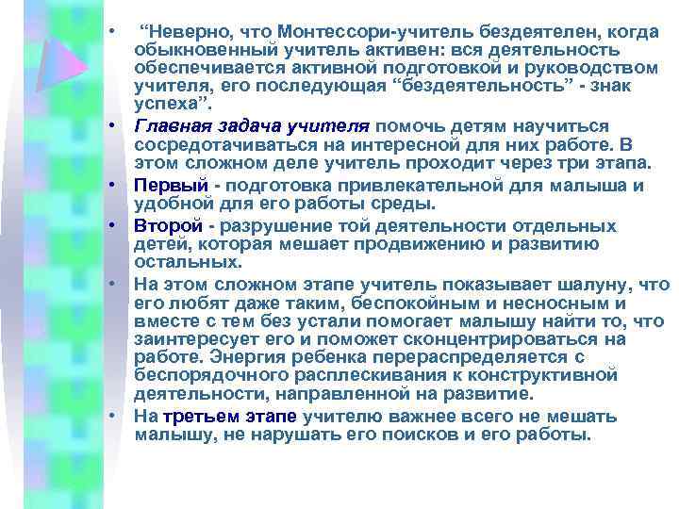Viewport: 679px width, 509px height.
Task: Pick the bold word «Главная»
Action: click(x=166, y=125)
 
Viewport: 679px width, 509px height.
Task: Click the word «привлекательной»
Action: click(x=406, y=185)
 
